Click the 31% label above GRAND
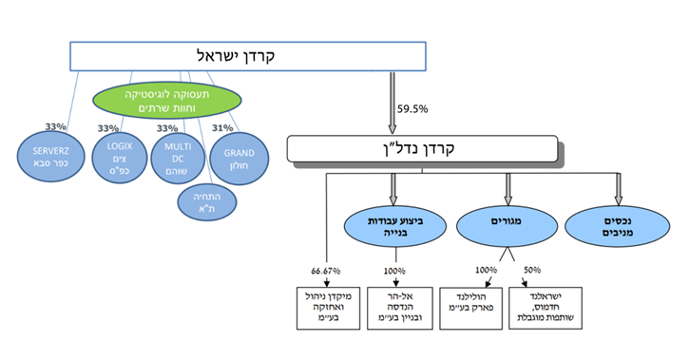pos(225,127)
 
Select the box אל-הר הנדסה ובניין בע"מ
pos(393,307)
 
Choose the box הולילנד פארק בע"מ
pos(481,302)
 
